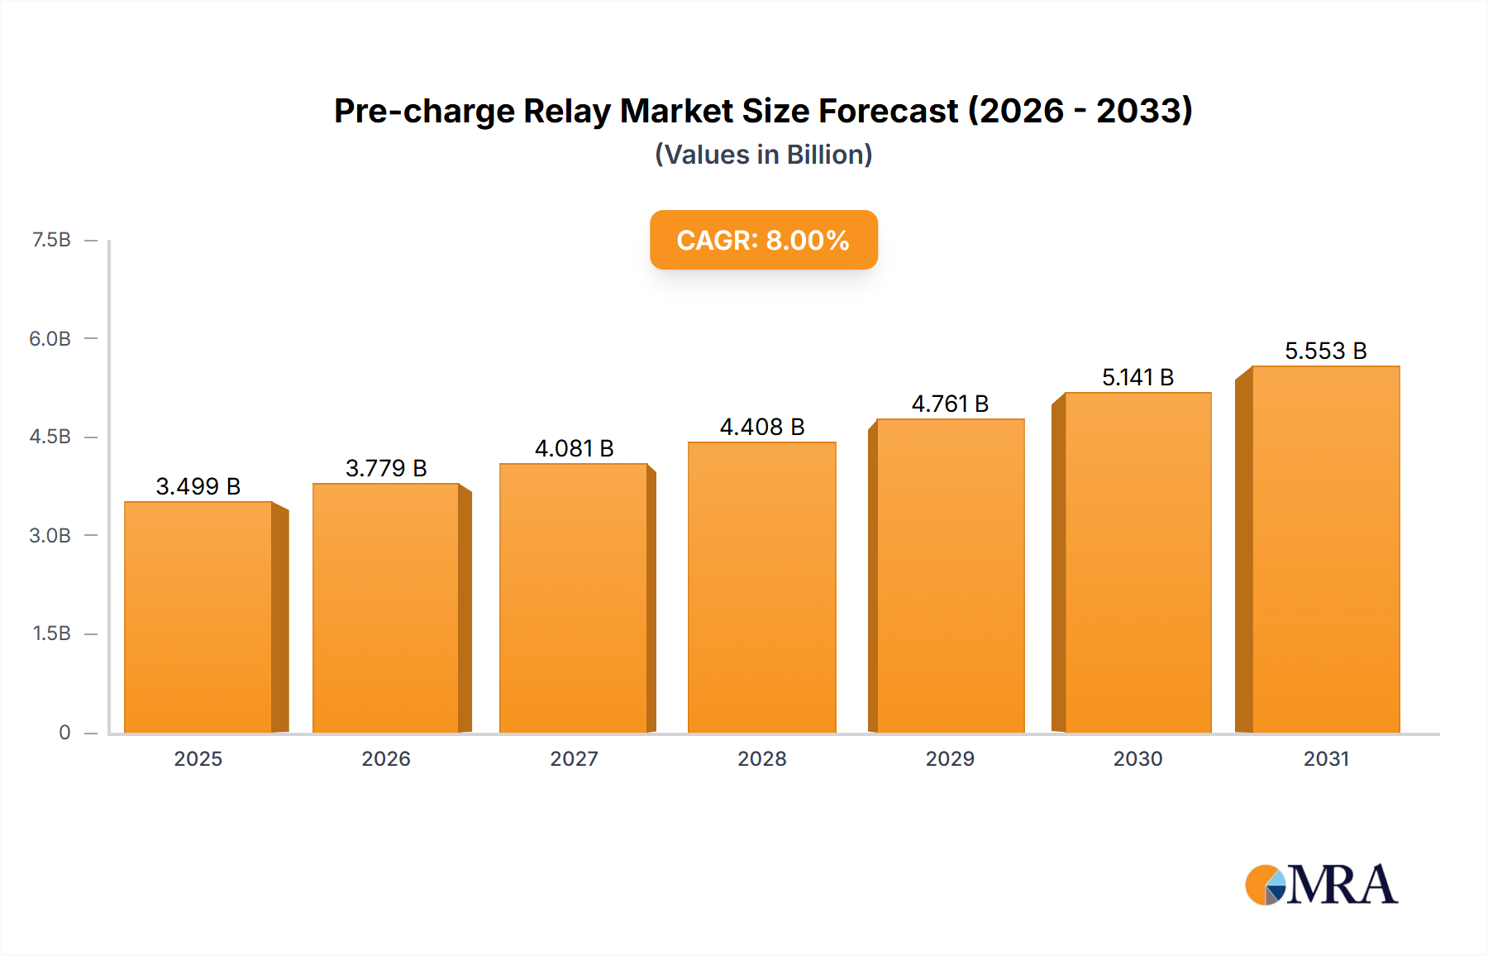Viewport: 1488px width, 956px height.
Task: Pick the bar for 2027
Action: (x=573, y=598)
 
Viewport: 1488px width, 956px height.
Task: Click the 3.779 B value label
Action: (x=386, y=468)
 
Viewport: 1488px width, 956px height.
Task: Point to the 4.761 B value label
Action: (x=950, y=404)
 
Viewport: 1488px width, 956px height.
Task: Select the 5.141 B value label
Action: (x=1137, y=377)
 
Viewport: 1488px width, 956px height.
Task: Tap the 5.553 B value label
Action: (x=1325, y=351)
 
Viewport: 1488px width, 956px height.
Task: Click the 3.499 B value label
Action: (x=198, y=486)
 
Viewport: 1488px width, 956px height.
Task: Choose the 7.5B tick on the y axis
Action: (x=51, y=240)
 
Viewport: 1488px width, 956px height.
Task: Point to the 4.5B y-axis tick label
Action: (x=50, y=437)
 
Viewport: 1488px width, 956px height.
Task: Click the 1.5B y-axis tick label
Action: (x=51, y=633)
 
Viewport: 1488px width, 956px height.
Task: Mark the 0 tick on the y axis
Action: (x=64, y=732)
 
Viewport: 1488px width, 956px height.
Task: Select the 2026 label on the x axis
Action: (x=386, y=758)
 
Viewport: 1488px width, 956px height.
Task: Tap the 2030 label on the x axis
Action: (x=1137, y=758)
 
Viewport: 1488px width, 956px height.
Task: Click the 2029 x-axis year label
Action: (x=950, y=758)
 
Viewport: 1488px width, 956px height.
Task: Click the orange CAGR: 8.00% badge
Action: (x=763, y=240)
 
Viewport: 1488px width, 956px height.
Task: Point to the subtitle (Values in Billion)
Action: (x=763, y=155)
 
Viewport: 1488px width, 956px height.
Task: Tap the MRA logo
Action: (x=1321, y=885)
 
